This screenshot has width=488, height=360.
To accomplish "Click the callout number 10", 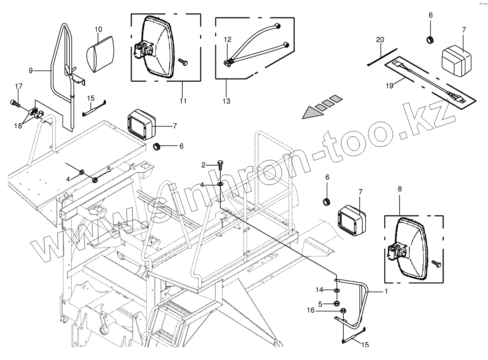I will click(98, 29).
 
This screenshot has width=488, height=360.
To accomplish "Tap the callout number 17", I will click(19, 86).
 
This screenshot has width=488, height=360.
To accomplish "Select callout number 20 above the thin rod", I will click(380, 40).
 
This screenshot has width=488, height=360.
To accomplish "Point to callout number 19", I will click(390, 86).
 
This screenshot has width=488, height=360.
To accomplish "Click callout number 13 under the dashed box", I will click(226, 101).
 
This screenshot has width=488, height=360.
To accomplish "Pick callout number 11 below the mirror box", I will click(183, 101).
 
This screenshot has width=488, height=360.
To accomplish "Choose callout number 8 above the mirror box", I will click(400, 189).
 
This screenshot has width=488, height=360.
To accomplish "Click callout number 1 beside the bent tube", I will click(386, 292).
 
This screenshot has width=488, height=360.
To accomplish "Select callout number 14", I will click(320, 290).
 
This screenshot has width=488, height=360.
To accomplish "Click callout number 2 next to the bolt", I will click(203, 165).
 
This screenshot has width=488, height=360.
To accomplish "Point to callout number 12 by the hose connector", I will click(227, 39).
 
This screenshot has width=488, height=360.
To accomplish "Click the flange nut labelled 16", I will click(343, 311).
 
